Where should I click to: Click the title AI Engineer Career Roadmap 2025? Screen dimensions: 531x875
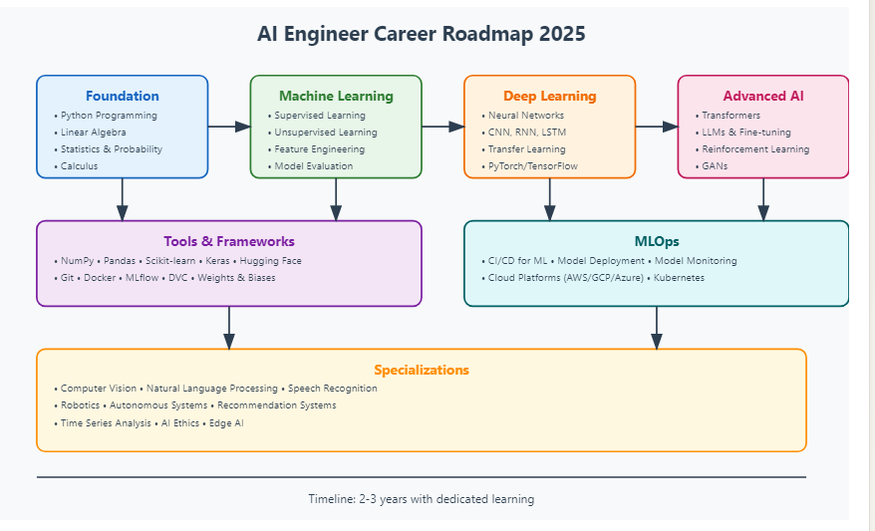[422, 34]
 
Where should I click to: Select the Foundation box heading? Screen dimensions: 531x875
[122, 97]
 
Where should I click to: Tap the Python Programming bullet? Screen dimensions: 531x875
[109, 116]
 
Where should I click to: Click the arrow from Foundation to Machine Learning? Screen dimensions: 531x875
[229, 127]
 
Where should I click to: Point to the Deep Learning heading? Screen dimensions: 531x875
[549, 97]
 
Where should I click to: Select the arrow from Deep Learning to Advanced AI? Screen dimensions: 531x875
[657, 127]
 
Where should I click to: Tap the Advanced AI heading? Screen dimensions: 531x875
[763, 97]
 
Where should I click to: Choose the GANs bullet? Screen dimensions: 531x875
[715, 166]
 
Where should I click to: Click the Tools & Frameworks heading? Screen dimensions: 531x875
[229, 241]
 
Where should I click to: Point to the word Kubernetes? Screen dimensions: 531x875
[679, 278]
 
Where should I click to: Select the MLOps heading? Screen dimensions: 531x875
[656, 241]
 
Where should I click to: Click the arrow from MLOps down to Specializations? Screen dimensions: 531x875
[657, 328]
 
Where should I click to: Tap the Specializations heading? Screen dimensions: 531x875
[422, 370]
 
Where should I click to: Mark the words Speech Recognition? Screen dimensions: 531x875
[333, 389]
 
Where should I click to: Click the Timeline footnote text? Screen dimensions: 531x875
[422, 499]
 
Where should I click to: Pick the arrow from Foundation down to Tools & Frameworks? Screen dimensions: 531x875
[123, 199]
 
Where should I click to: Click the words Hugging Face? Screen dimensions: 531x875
[271, 261]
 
